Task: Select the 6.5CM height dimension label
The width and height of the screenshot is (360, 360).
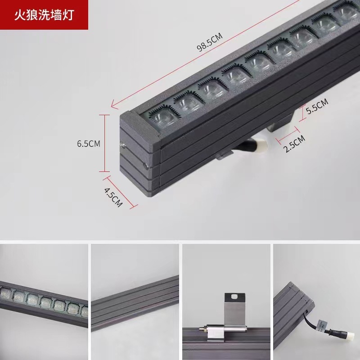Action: (x=88, y=144)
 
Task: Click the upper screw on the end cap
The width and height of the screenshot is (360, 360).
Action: (x=122, y=144)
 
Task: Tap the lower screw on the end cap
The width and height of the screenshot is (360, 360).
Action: (x=145, y=166)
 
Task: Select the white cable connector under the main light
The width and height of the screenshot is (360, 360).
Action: (x=258, y=145)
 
